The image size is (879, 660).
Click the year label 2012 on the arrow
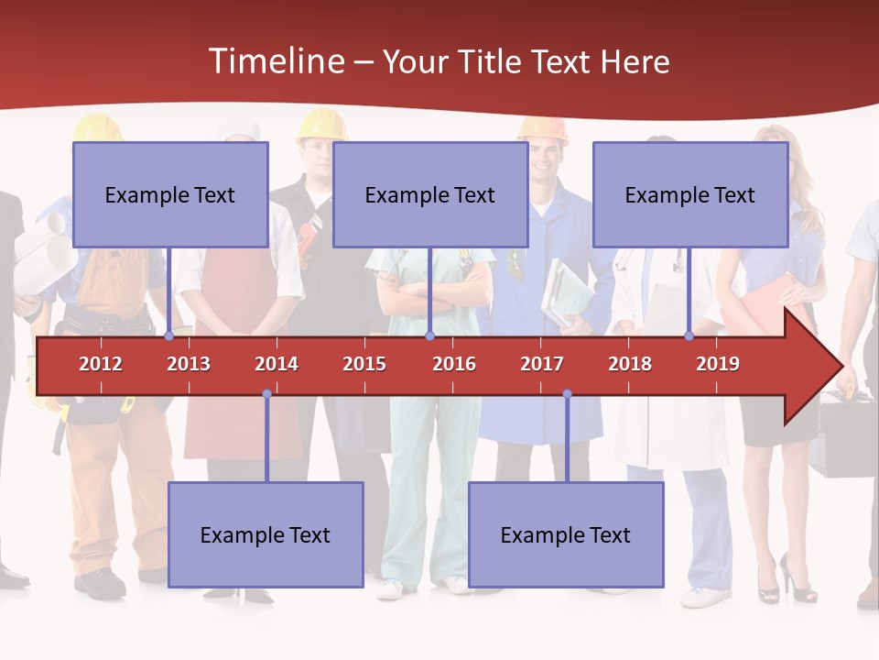(x=101, y=364)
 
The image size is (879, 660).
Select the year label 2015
(x=364, y=364)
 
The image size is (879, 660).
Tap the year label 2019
(x=718, y=364)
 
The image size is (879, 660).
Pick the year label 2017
(x=542, y=364)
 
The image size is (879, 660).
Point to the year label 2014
(x=277, y=364)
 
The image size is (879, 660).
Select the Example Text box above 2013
(x=170, y=194)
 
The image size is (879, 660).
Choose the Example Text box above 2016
(x=430, y=194)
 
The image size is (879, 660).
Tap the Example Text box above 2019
(x=690, y=194)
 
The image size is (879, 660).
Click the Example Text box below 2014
(x=266, y=534)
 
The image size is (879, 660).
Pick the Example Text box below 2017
(x=566, y=534)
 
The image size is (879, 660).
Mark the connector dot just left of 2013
(x=169, y=336)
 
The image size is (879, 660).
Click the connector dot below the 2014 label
(x=266, y=394)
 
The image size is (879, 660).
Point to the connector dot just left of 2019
(x=689, y=336)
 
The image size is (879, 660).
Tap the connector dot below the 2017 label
(x=567, y=394)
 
